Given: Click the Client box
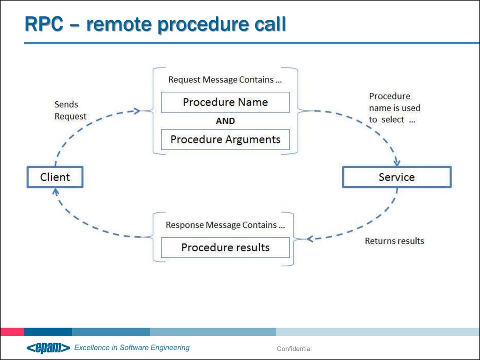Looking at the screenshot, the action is [x=55, y=177].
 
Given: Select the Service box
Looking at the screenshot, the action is [x=397, y=177].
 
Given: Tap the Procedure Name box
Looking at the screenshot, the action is [x=225, y=102].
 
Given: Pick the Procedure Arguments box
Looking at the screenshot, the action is [x=225, y=140].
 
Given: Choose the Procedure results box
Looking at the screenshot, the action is [x=225, y=247].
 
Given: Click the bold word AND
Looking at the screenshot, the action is [x=225, y=121].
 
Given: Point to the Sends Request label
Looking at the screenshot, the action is [x=70, y=110].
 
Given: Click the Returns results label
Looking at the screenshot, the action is [x=394, y=241].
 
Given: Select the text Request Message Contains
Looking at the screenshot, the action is [x=221, y=80].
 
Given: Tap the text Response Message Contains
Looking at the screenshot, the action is [x=221, y=225].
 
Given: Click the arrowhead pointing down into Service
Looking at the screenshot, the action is [x=397, y=162].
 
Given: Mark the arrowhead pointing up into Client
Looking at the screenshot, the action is [x=55, y=192].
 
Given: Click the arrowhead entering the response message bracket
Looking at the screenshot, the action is [x=310, y=239].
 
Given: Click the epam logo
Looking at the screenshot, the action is [x=48, y=348].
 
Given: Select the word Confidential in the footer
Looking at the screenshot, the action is [x=294, y=349].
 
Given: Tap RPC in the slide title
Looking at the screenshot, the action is [x=44, y=24].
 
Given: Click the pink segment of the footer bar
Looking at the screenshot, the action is [x=12, y=331].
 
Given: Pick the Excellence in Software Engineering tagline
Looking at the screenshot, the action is [x=132, y=348].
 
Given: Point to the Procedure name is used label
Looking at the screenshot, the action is [x=395, y=108].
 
